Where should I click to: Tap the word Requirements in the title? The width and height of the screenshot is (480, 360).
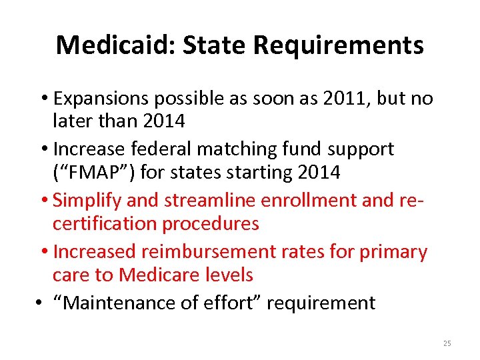[x=338, y=45]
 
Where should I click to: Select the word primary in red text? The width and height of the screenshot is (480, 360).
[x=393, y=251]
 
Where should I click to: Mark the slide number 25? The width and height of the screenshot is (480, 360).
[x=447, y=343]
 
